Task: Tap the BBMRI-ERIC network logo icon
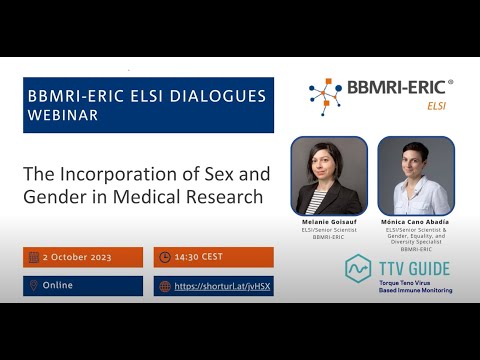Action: point(324,96)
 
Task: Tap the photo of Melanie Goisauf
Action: point(329,175)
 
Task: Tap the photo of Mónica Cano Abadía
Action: point(416,175)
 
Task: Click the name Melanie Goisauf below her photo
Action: point(329,222)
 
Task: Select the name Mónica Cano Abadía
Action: point(416,222)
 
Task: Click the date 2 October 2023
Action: point(83,257)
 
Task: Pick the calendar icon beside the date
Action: point(34,257)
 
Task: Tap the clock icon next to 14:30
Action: point(164,257)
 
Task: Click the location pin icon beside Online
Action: point(34,286)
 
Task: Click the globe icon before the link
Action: point(164,287)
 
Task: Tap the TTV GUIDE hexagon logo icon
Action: point(359,269)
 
